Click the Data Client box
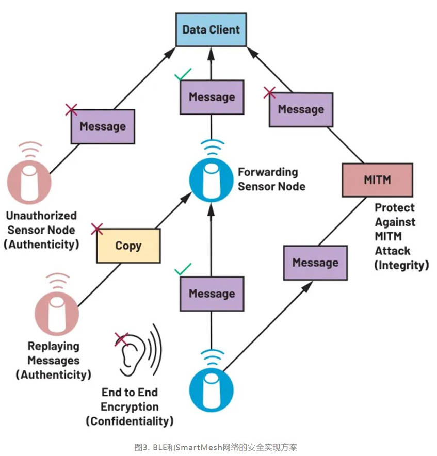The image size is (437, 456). (x=211, y=29)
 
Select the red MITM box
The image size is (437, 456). (x=377, y=180)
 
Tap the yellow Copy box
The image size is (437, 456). (x=128, y=246)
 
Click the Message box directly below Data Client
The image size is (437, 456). (x=212, y=97)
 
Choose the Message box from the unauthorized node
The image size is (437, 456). (x=102, y=126)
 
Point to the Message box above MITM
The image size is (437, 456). (x=301, y=109)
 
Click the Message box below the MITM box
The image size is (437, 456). (x=315, y=263)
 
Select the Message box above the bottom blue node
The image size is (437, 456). (x=212, y=294)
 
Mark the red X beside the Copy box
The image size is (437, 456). (x=96, y=230)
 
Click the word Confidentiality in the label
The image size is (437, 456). (x=130, y=421)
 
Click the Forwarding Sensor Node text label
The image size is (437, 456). (x=268, y=178)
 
